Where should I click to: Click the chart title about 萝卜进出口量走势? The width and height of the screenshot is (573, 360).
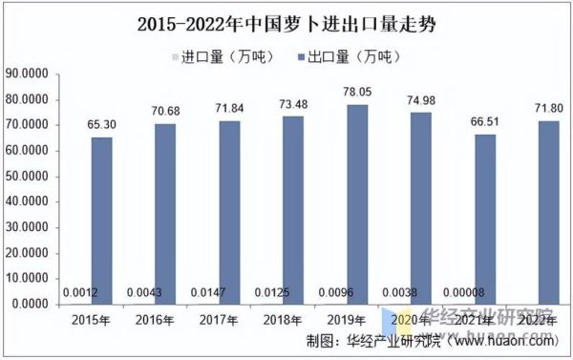coord(286,21)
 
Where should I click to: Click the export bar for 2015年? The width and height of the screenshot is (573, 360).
coord(102,220)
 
